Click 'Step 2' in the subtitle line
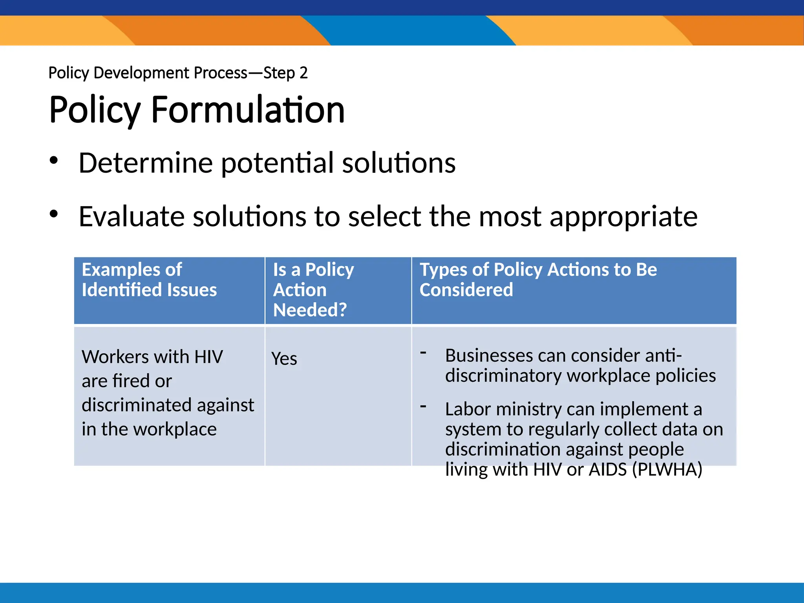pos(285,73)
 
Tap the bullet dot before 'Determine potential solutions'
pos(54,161)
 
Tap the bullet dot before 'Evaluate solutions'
pos(54,214)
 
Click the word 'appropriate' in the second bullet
pos(623,217)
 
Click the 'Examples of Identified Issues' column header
pos(149,280)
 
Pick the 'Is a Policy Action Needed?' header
pos(313,290)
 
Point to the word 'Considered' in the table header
pos(466,290)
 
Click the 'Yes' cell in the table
pos(284,358)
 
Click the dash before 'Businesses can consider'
pos(423,353)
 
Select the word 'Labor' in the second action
pos(468,409)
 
